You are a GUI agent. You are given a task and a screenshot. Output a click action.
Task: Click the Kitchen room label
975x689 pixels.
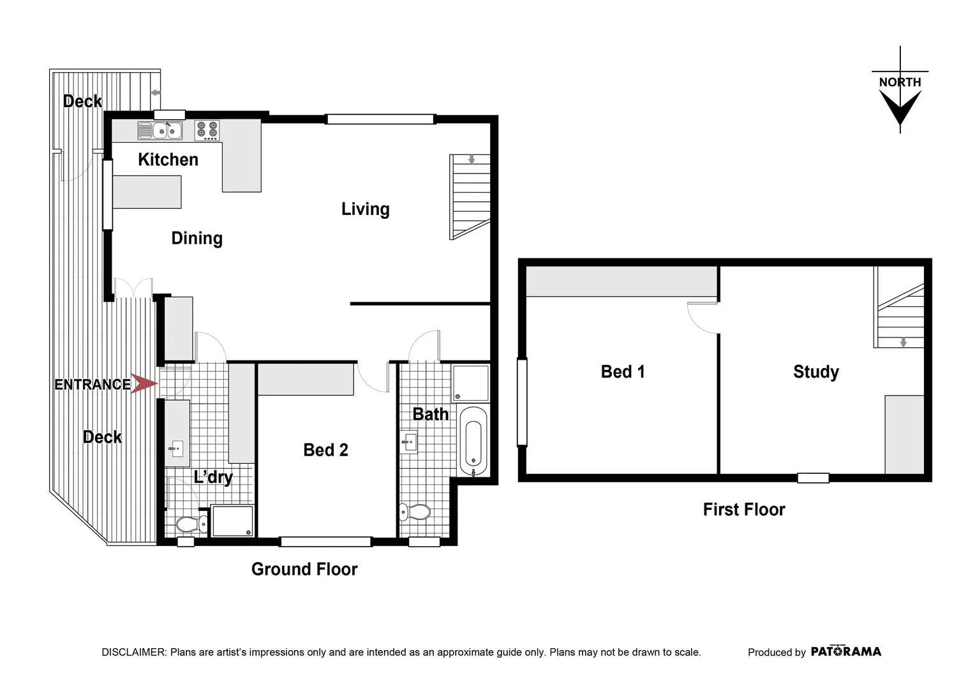(168, 159)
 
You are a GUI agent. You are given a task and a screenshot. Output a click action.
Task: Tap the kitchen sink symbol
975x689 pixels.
(160, 131)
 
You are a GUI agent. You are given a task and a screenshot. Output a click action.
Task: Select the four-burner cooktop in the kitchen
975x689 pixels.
(207, 130)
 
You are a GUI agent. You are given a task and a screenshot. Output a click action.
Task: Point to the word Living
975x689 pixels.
(365, 209)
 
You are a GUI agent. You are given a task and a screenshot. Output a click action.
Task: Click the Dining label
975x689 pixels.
(197, 239)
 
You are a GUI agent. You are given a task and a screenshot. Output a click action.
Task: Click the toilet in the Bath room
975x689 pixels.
(415, 512)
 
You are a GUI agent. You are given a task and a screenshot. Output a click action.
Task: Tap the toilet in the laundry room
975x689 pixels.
(191, 524)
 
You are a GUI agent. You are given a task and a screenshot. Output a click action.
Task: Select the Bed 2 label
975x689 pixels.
(325, 450)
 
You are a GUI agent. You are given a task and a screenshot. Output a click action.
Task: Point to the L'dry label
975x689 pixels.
(213, 477)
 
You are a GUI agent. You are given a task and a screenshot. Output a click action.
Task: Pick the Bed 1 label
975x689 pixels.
(623, 372)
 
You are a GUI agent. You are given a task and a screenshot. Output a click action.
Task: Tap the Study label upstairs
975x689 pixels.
(815, 372)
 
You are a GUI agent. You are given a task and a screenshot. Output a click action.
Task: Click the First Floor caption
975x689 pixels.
(743, 510)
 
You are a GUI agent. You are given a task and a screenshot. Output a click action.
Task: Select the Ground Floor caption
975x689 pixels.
(304, 569)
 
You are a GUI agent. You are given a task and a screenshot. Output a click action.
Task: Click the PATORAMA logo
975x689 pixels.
(845, 651)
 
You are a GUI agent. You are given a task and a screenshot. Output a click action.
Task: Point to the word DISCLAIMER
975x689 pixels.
(134, 652)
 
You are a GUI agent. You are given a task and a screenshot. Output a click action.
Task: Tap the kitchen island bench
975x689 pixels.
(147, 192)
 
